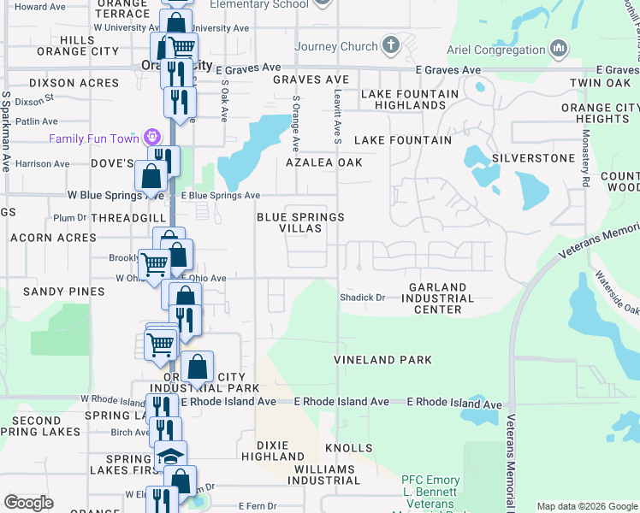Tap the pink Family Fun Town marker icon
152,137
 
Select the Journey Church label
335,46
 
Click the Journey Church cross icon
391,44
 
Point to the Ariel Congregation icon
559,49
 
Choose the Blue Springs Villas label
300,222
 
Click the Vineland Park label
382,360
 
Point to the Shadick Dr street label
363,298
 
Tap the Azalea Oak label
324,162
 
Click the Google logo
28,503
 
